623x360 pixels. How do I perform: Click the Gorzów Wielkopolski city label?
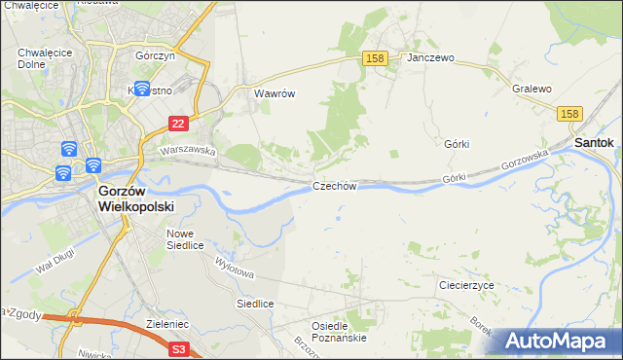click(x=135, y=199)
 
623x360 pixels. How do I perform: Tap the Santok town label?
click(x=593, y=142)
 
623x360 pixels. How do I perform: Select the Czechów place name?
click(x=336, y=186)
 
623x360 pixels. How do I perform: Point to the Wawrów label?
click(x=274, y=94)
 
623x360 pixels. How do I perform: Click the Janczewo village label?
click(x=431, y=58)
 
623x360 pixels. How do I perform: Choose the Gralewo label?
click(x=531, y=89)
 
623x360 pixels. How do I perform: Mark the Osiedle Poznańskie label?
click(x=338, y=332)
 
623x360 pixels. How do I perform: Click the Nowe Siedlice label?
click(x=185, y=239)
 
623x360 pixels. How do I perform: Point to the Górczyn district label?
click(x=156, y=56)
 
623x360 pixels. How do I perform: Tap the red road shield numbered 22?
click(x=177, y=124)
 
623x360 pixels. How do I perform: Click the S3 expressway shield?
click(x=178, y=347)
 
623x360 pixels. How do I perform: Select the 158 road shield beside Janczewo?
click(x=377, y=58)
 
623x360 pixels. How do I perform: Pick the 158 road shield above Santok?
click(x=570, y=115)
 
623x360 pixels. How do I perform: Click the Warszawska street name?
click(x=187, y=151)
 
